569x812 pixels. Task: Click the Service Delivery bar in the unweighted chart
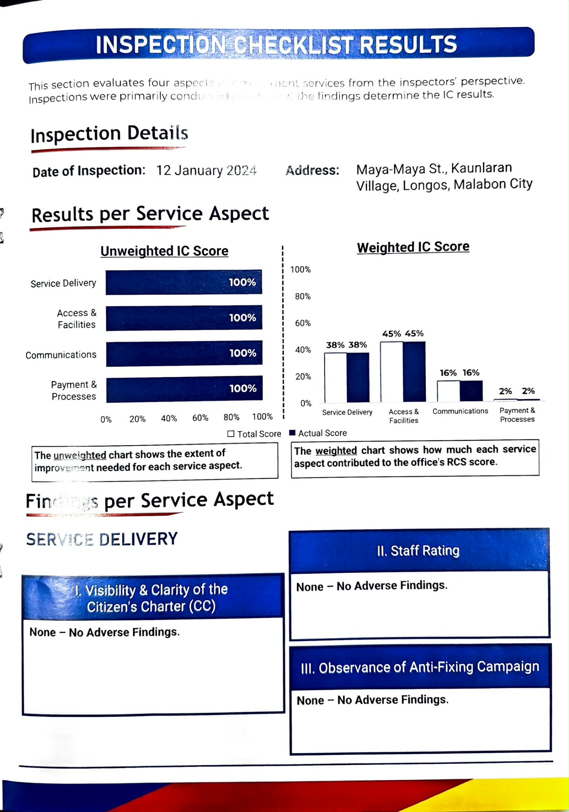click(184, 282)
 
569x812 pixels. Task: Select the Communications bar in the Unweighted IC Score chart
click(184, 353)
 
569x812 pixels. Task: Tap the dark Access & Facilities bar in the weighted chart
click(414, 372)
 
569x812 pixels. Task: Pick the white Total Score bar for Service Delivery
click(335, 377)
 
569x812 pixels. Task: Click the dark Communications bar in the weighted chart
click(471, 391)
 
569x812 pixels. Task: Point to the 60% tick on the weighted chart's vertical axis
click(303, 323)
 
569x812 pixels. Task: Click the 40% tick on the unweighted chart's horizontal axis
click(169, 418)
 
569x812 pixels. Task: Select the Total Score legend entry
click(254, 434)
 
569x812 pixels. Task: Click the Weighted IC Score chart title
click(413, 247)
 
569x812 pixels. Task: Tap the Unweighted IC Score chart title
click(164, 251)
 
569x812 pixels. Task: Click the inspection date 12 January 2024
click(206, 171)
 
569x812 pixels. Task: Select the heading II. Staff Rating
click(418, 551)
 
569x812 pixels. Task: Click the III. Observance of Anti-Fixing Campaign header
click(420, 668)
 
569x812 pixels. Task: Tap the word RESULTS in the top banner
click(408, 45)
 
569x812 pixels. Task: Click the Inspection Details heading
click(109, 134)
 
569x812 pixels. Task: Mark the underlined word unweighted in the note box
click(80, 455)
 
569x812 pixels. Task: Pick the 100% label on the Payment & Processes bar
click(243, 388)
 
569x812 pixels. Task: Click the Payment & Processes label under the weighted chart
click(517, 415)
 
